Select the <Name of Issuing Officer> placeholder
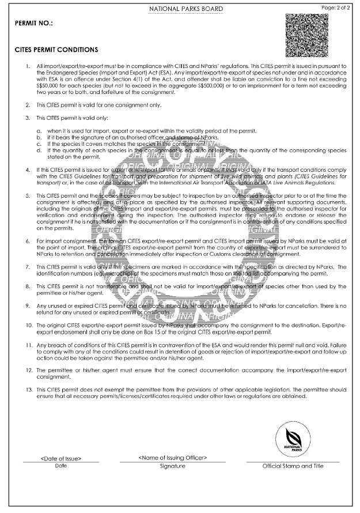coord(173,458)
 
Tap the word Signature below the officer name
coord(173,465)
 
